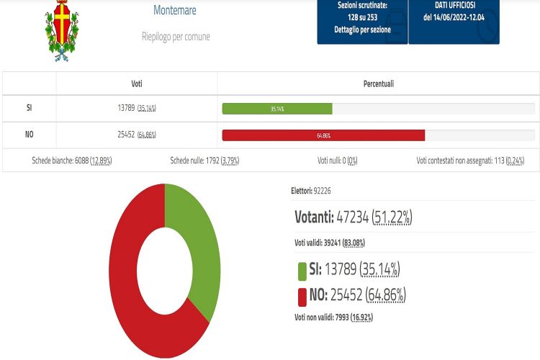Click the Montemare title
point(175,11)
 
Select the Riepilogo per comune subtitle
point(176,36)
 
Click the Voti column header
point(137,84)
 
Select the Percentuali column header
point(378,84)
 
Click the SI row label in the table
point(29,109)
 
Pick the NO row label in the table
point(29,135)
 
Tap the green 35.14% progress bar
point(277,109)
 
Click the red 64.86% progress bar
point(323,135)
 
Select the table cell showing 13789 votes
point(137,109)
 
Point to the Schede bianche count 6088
point(71,161)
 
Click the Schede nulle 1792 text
point(204,161)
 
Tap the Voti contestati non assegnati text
point(469,161)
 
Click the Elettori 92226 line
point(310,191)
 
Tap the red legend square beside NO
point(302,295)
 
